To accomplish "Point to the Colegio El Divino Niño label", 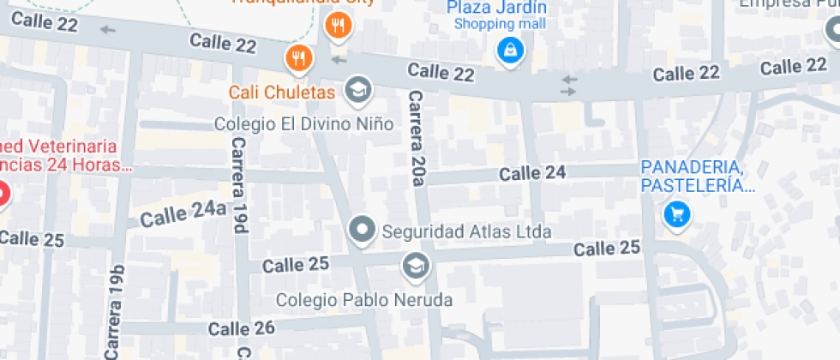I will click(x=303, y=124).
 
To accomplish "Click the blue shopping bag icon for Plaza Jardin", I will click(x=510, y=51).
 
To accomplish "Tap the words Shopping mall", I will click(x=500, y=24).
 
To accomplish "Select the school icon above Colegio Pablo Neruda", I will click(x=416, y=267).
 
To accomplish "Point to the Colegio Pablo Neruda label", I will click(x=363, y=300).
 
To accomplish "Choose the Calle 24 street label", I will click(x=532, y=173).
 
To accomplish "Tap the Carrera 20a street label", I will click(x=417, y=137).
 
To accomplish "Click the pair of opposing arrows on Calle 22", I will click(x=569, y=84).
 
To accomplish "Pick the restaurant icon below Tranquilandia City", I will click(x=339, y=27).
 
